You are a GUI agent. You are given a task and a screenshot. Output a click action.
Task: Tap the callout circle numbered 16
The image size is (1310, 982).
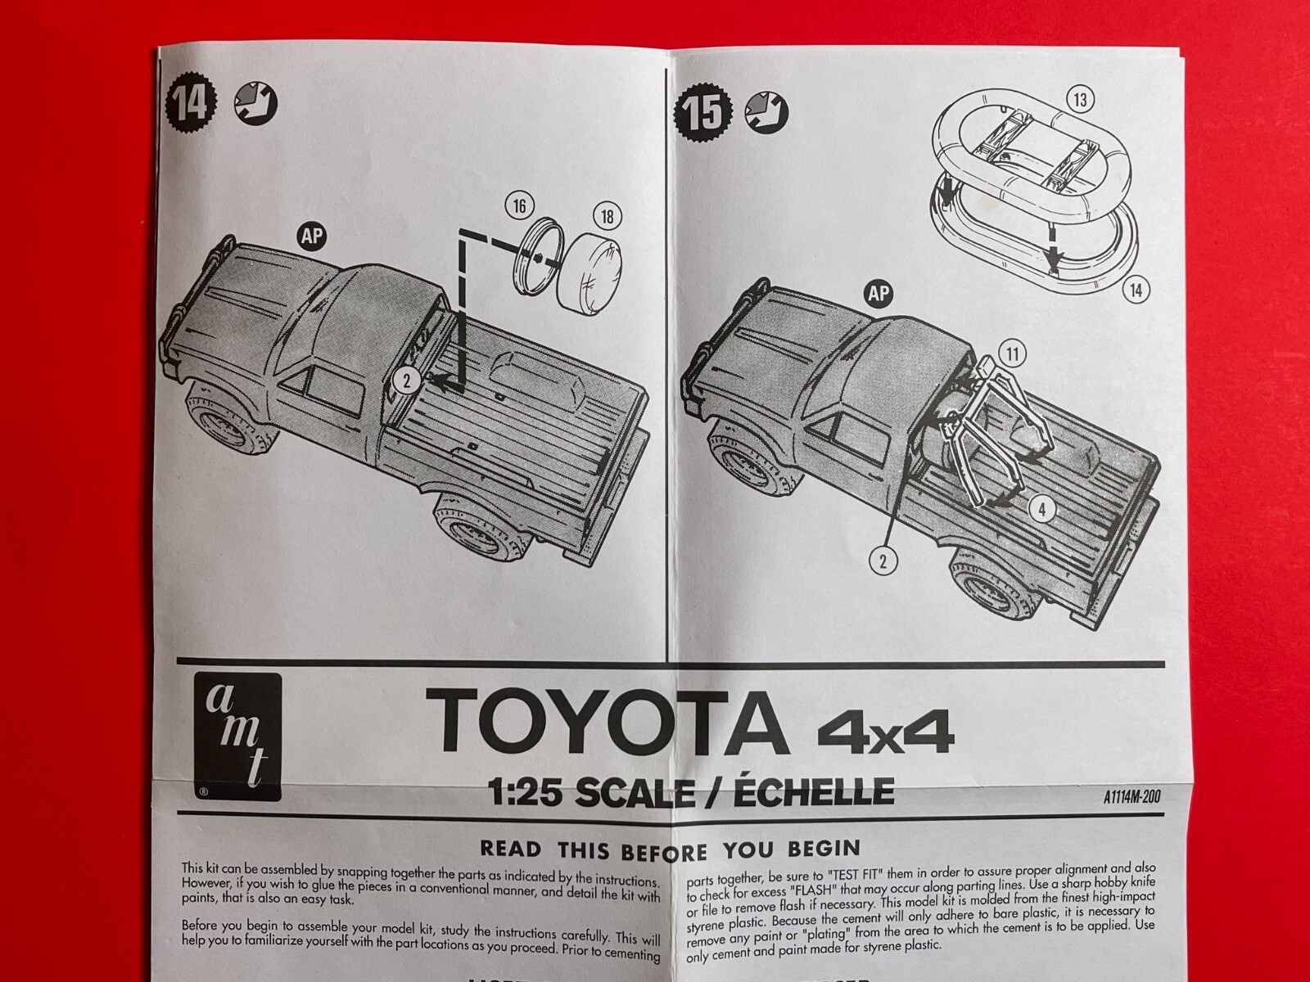pos(519,206)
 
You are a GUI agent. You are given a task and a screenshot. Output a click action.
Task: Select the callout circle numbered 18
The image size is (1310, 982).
pos(607,217)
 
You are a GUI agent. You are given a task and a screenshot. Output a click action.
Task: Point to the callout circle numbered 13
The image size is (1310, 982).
pos(1081,100)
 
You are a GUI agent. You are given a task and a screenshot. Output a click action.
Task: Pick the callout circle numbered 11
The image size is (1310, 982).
pos(1013,354)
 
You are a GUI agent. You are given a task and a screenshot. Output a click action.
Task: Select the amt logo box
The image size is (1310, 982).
pos(237,736)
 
